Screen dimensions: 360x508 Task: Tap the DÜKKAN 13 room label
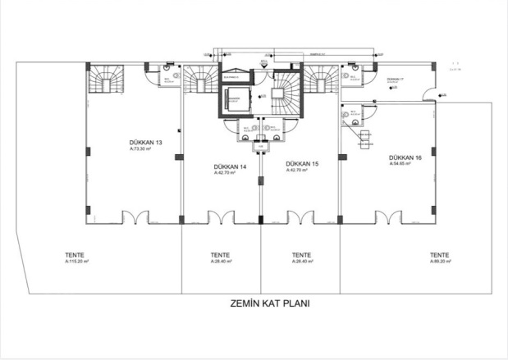[x=145, y=143]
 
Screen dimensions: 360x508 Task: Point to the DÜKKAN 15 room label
[x=303, y=164]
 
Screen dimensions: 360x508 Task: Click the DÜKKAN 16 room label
[x=405, y=157]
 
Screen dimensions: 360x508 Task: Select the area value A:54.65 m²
[x=404, y=164]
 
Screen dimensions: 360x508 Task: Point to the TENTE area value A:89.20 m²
[x=440, y=262]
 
